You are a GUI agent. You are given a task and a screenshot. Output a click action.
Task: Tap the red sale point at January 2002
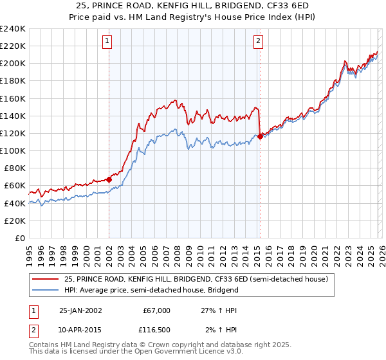pyautogui.click(x=109, y=180)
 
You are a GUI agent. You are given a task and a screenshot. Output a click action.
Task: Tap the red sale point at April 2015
pyautogui.click(x=260, y=136)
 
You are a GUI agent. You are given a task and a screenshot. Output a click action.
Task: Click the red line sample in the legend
pyautogui.click(x=46, y=279)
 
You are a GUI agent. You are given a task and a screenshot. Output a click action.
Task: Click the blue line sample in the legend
pyautogui.click(x=46, y=290)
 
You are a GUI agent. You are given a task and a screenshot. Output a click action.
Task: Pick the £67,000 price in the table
pyautogui.click(x=156, y=310)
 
